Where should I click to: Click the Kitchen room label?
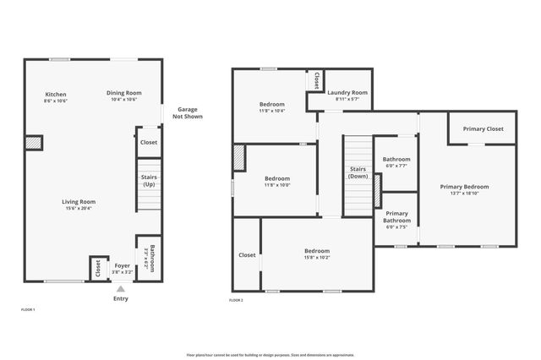coord(56,94)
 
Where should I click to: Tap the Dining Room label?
coord(123,92)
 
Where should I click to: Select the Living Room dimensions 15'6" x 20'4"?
coord(78,209)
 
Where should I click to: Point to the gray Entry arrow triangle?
coord(121,288)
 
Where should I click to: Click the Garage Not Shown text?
coord(186,113)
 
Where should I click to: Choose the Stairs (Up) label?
coord(149,180)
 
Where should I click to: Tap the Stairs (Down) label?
coord(358,172)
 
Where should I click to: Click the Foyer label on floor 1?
coord(123,266)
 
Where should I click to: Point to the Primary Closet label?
coord(483,129)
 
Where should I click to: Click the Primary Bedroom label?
coord(464,186)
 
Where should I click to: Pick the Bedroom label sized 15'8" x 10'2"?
coord(317,251)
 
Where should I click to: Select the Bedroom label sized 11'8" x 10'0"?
coord(277,178)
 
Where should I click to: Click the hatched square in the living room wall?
coord(34,143)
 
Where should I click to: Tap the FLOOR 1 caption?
coord(28,310)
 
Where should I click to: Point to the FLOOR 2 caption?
coord(236,301)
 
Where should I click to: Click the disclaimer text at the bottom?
coord(270,355)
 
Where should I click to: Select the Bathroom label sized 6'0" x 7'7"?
coord(396,159)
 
